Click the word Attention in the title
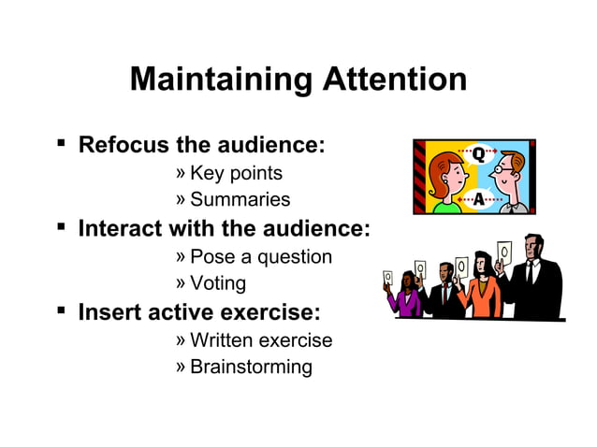(x=394, y=79)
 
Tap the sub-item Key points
(x=236, y=173)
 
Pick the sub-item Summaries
(x=240, y=199)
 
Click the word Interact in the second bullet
(x=117, y=228)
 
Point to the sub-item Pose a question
(x=260, y=256)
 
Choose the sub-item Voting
(x=218, y=282)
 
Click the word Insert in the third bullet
(x=107, y=311)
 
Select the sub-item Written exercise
(x=261, y=339)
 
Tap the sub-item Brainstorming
(x=251, y=366)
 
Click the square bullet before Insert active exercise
(x=60, y=310)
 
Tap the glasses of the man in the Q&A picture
(x=505, y=171)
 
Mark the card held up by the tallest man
(x=505, y=252)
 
